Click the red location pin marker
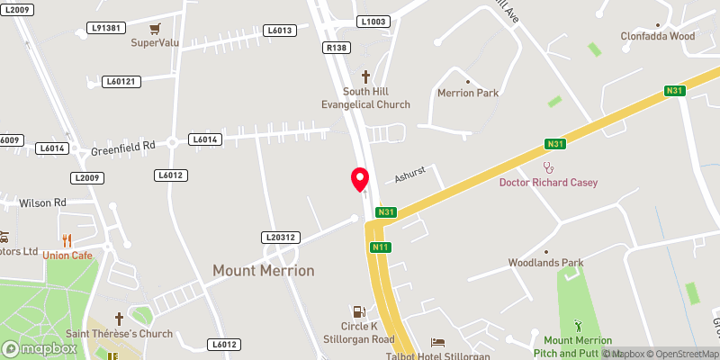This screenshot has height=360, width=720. coord(360,179)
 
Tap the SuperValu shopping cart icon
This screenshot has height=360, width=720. coord(156,29)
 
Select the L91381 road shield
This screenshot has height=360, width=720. coord(107,29)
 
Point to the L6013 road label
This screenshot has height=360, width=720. coord(280,31)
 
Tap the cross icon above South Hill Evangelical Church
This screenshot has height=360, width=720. coord(365,77)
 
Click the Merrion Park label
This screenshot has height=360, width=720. coord(467,93)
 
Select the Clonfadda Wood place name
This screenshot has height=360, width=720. coord(658,37)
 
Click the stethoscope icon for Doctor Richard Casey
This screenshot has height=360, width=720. coord(548,167)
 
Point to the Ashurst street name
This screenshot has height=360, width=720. coord(413,178)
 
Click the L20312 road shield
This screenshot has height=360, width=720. coord(280,238)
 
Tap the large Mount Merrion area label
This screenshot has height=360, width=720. coord(264,270)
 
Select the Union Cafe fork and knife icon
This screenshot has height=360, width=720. coord(67,240)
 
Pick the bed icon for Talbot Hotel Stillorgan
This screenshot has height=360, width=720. coord(437,343)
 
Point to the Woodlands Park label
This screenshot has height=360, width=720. coord(546,263)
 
